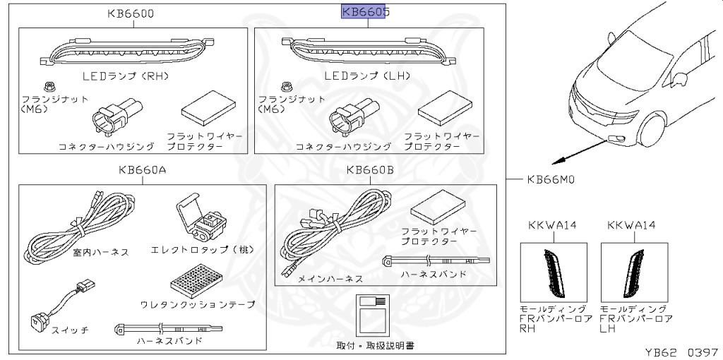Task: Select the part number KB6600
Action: (131, 13)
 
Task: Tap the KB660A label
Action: (143, 169)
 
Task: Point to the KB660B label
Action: (371, 169)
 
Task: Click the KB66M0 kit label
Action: (551, 179)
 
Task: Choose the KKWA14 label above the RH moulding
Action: (553, 225)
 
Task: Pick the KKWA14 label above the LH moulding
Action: (632, 225)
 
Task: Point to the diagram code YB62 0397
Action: (681, 351)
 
